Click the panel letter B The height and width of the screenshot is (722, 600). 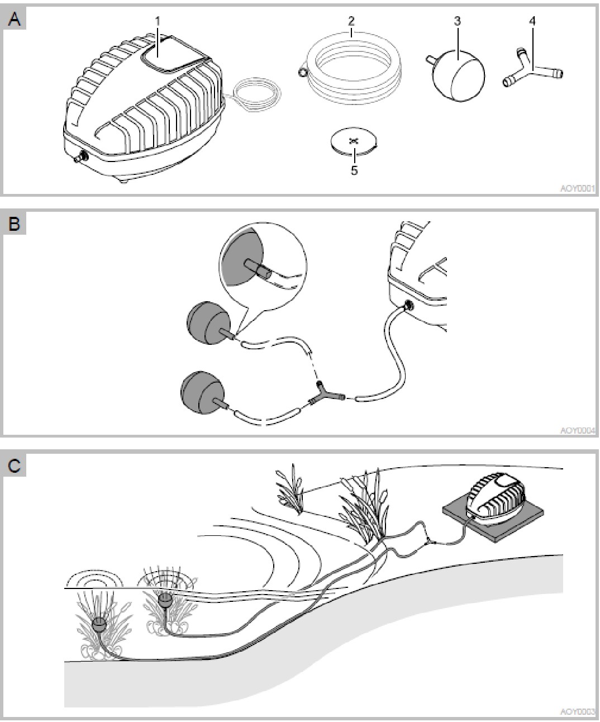[x=14, y=224]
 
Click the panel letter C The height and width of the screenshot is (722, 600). [x=14, y=465]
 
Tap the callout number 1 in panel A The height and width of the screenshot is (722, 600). [x=158, y=21]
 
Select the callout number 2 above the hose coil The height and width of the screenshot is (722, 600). [x=351, y=21]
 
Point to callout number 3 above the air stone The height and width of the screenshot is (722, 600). [x=457, y=21]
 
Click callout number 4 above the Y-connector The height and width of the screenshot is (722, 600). [x=532, y=21]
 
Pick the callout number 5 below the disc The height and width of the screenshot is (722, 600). [x=354, y=170]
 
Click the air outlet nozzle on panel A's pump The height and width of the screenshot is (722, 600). [x=80, y=158]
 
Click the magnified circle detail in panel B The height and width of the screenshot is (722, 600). [x=263, y=265]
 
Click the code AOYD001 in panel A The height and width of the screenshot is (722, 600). [x=578, y=188]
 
